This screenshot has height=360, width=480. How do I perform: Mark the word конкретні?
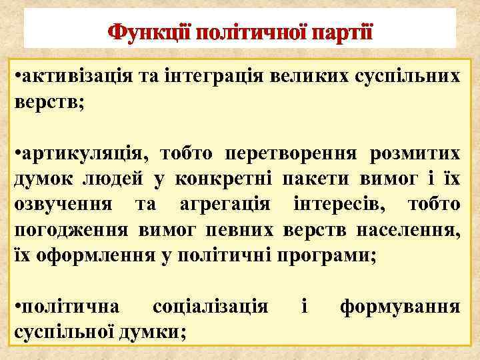click(224, 179)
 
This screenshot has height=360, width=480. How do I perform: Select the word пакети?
click(312, 179)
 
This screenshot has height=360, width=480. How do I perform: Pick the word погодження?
click(72, 230)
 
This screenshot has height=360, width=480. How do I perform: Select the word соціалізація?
click(210, 307)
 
